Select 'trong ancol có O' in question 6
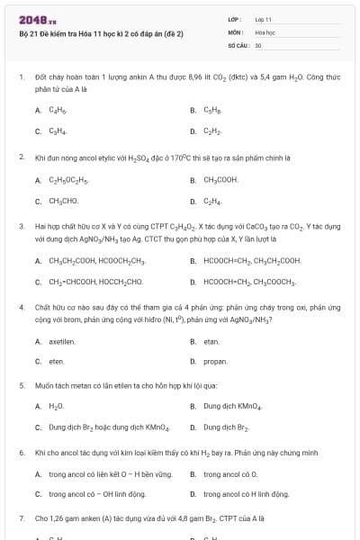(231, 473)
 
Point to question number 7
(22, 519)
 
